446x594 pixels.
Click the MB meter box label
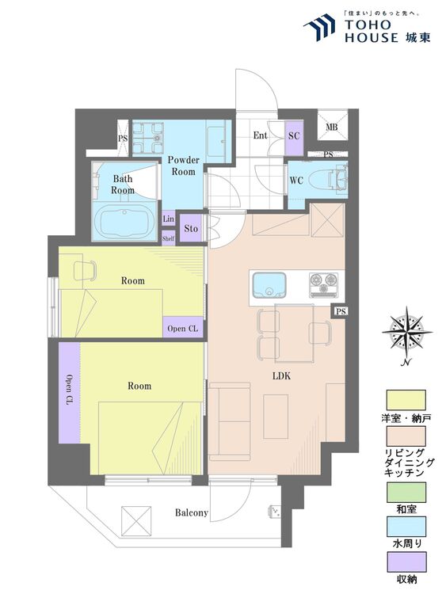tap(332, 128)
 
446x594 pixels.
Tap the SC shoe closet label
tap(294, 135)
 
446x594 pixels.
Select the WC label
tap(296, 181)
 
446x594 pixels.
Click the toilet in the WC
tap(328, 178)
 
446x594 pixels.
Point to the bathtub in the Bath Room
tap(124, 222)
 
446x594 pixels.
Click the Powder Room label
tap(184, 166)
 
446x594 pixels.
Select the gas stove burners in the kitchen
tap(324, 283)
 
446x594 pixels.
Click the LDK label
tap(281, 376)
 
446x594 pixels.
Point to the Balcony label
tap(192, 513)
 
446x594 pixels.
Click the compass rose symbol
tap(407, 333)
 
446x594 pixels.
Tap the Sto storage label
tap(191, 228)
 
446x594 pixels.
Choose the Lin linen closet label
tap(168, 219)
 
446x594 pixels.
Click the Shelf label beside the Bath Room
tap(168, 238)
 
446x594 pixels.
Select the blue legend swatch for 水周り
tap(406, 527)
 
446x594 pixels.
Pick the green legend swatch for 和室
tap(406, 493)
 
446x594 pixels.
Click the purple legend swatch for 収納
tap(406, 562)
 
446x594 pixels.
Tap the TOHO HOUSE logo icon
tap(319, 27)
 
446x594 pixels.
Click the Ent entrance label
tap(261, 135)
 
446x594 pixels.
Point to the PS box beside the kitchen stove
tap(341, 311)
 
